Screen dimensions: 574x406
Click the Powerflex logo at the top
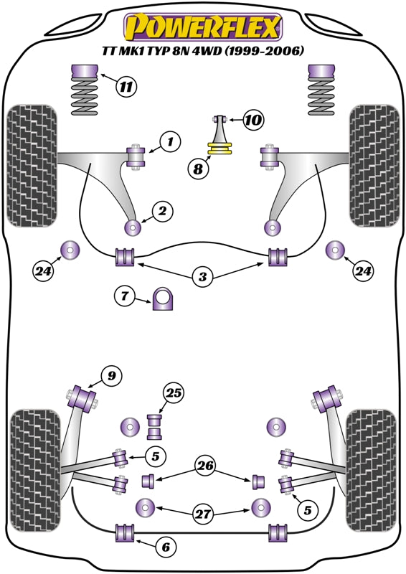coord(202,28)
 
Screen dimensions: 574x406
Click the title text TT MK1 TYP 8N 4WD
coord(202,51)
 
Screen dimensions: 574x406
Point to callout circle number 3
coord(202,276)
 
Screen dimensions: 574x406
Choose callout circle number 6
coord(165,547)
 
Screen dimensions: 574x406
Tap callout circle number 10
coord(252,120)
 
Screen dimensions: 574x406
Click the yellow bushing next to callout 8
coord(222,149)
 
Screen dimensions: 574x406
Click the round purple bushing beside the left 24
coord(70,250)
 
